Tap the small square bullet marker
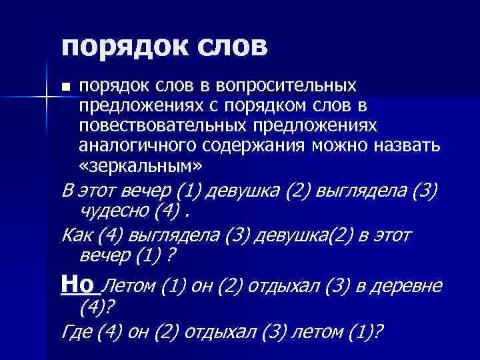point(65,88)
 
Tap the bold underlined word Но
point(77,285)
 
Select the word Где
point(75,332)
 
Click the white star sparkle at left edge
point(45,99)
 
